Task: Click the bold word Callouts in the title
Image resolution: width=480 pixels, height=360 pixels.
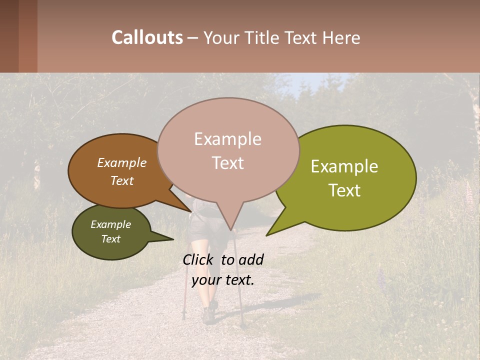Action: (x=147, y=37)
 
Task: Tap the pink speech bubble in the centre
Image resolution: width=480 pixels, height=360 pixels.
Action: (x=228, y=150)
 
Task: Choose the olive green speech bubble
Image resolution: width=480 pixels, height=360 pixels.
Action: (x=350, y=177)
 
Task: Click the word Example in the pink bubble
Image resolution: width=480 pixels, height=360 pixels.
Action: (x=227, y=139)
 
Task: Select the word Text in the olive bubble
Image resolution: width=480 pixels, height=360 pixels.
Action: (x=345, y=190)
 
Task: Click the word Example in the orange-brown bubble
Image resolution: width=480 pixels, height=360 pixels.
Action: (x=122, y=162)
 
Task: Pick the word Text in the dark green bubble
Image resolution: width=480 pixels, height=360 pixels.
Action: (x=111, y=239)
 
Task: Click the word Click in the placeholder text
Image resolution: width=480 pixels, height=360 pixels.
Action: (x=199, y=259)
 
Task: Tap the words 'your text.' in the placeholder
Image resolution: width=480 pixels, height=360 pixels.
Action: (x=223, y=280)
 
